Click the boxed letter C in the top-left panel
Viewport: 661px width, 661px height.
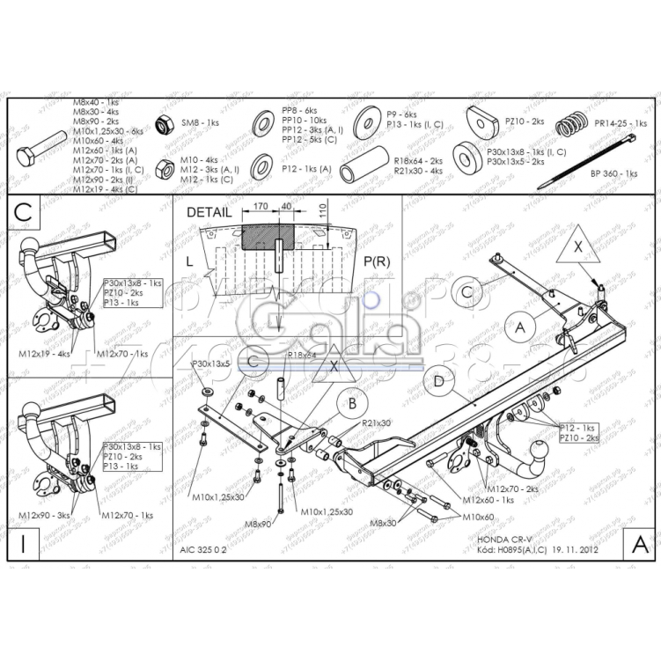[24, 212]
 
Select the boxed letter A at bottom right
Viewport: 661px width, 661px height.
[639, 545]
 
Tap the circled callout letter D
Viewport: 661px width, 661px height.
[437, 382]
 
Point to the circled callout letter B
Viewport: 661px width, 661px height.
[352, 403]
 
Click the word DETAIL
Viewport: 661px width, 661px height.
[209, 212]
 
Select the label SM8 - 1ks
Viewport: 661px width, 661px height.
[200, 124]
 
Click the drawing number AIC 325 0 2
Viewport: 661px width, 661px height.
[203, 547]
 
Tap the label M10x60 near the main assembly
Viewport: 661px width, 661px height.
[479, 517]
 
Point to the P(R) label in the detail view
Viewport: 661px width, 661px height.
[376, 261]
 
